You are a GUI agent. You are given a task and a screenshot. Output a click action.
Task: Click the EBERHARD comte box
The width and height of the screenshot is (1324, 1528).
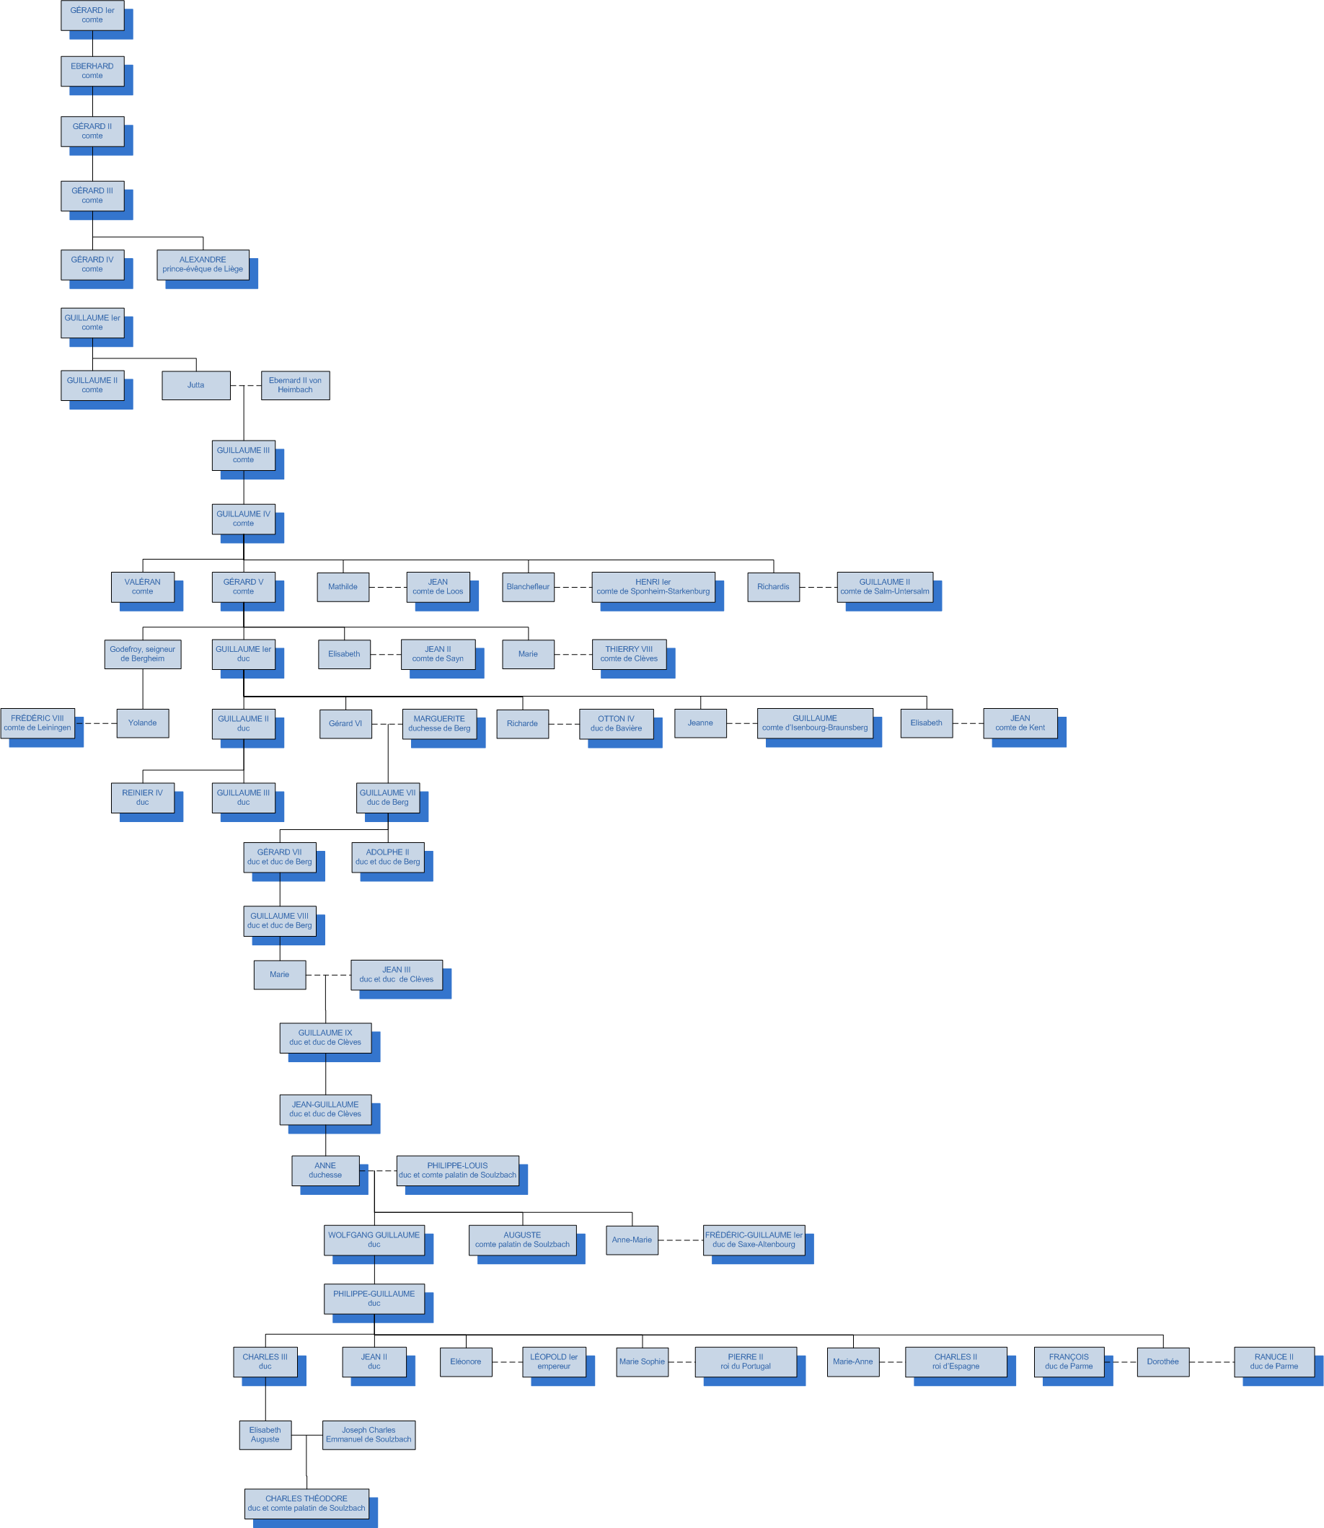(x=92, y=71)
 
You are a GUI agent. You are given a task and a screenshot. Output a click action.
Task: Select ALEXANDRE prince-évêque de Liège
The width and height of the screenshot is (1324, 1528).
(x=203, y=265)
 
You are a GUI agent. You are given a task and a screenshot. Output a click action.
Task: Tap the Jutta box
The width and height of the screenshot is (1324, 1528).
(x=196, y=385)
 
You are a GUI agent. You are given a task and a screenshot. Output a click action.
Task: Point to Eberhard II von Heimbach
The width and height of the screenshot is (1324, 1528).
(x=295, y=385)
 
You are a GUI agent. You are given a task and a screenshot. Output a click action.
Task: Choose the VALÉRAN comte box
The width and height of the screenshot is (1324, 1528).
(x=143, y=587)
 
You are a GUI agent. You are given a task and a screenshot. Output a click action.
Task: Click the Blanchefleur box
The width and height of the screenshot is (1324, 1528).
(x=528, y=587)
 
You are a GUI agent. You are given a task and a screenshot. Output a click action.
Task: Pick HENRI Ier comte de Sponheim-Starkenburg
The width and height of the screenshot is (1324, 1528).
(x=653, y=587)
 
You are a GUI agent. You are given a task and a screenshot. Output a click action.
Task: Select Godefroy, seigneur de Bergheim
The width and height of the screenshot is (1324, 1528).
(x=143, y=654)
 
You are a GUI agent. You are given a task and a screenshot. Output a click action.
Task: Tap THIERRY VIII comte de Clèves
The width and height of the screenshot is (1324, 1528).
(x=629, y=654)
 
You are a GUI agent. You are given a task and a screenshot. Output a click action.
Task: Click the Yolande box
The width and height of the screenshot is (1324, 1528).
(x=143, y=723)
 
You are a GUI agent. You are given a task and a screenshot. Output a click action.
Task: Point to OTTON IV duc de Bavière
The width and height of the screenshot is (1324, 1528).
(x=615, y=723)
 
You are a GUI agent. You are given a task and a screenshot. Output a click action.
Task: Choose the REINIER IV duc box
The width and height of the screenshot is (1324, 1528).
(x=143, y=798)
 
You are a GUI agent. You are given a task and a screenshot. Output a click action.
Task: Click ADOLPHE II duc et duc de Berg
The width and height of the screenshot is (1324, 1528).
(x=387, y=857)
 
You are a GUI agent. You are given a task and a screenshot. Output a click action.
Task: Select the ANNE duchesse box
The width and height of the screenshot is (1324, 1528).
(x=325, y=1170)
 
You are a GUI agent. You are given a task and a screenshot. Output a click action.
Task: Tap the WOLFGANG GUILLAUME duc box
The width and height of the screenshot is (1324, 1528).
(x=374, y=1240)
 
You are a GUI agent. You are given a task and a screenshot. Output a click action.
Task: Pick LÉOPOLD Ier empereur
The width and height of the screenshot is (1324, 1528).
(x=553, y=1361)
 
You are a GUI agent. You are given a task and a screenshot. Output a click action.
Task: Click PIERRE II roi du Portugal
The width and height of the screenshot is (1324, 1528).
(x=746, y=1361)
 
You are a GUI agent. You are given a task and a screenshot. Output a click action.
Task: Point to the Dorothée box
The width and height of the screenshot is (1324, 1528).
(x=1162, y=1361)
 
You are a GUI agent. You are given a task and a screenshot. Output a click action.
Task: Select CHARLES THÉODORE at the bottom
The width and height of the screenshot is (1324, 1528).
(x=306, y=1503)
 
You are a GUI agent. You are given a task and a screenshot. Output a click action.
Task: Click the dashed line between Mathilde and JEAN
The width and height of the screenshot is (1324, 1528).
(x=387, y=588)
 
